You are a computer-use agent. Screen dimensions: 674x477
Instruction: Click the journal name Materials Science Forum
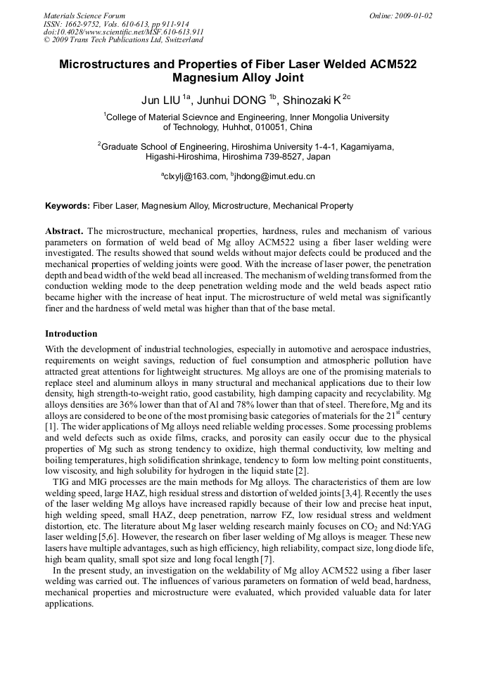(x=84, y=15)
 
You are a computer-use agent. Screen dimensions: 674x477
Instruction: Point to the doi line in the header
(x=123, y=32)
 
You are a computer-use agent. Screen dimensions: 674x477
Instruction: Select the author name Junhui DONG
(x=230, y=101)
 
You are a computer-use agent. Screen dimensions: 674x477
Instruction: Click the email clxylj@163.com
(x=195, y=176)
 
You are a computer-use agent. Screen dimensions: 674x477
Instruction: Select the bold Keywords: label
(x=68, y=206)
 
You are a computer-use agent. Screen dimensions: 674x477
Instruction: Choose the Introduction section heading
(x=71, y=334)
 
